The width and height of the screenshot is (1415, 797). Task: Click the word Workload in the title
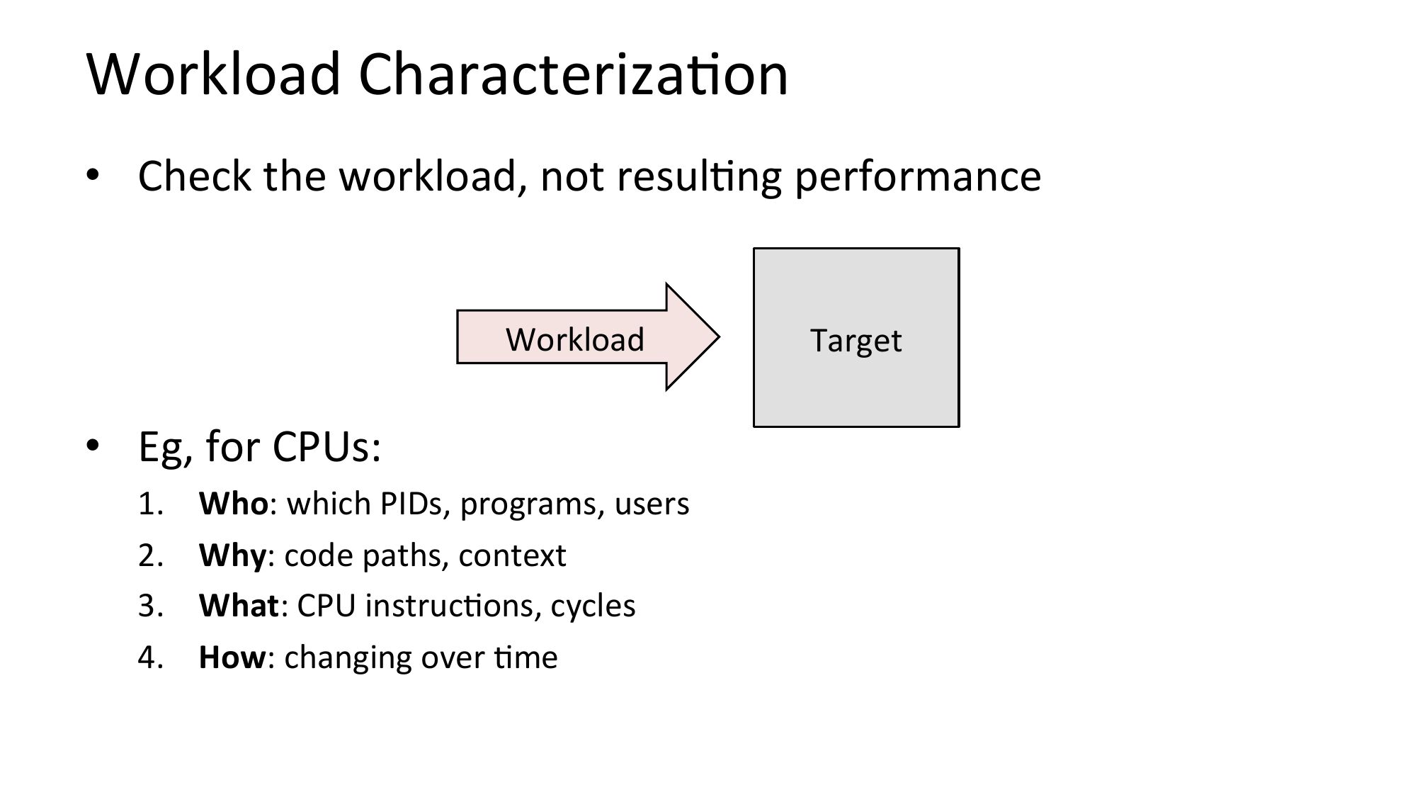(214, 74)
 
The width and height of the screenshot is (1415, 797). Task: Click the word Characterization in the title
(574, 74)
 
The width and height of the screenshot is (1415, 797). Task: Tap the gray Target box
(856, 337)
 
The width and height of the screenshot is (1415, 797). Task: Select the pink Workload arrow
(588, 337)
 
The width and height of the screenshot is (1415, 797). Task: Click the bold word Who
(234, 504)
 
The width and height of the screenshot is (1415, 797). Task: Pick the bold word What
(239, 606)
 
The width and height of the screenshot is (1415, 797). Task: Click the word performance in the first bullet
(918, 176)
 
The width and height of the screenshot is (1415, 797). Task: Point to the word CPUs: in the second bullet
(327, 447)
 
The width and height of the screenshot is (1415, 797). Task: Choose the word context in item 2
(512, 555)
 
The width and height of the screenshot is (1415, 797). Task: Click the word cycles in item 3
(593, 606)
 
